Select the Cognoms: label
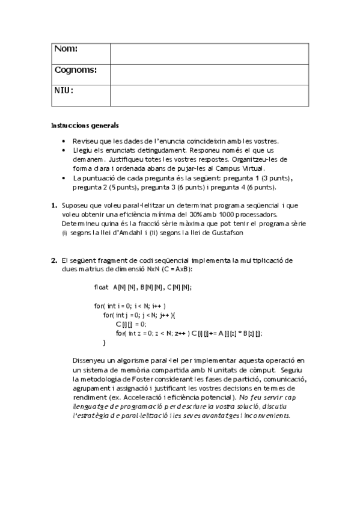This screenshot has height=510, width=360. pos(75,70)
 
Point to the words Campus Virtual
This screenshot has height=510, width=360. pos(252,170)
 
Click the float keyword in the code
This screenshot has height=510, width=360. pos(102,288)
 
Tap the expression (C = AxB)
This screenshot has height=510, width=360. pos(175,270)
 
